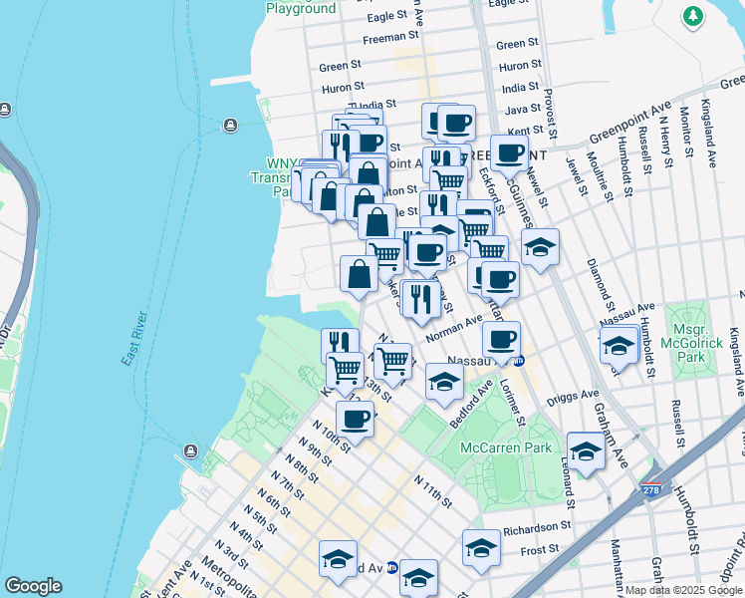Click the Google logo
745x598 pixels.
[x=33, y=586]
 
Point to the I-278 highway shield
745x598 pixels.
[x=652, y=491]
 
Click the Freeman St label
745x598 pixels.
[x=384, y=39]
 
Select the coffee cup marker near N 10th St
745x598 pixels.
[x=355, y=421]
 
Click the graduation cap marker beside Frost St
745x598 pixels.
[x=481, y=549]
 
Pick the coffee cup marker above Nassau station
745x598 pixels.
[x=502, y=341]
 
